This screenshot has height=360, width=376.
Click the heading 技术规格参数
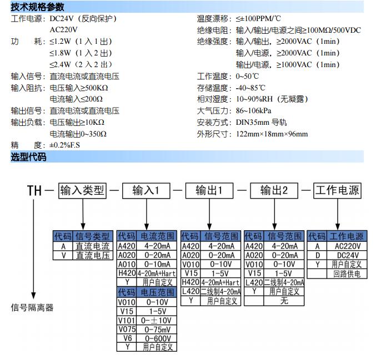[x=37, y=7]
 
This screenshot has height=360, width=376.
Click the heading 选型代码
[x=28, y=157]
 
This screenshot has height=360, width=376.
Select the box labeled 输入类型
[x=82, y=191]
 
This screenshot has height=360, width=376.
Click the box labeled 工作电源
[x=337, y=191]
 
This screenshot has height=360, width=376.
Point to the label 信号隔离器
[x=32, y=307]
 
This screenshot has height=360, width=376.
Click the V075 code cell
[x=127, y=329]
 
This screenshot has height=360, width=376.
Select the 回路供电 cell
[x=346, y=274]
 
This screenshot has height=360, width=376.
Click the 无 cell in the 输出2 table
[x=284, y=301]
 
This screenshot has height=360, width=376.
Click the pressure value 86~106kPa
[x=256, y=110]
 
